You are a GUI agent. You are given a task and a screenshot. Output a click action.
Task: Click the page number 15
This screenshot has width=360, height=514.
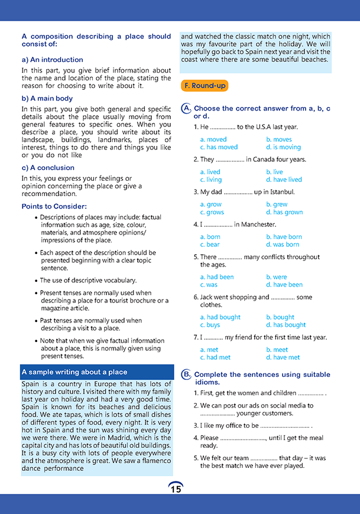[x=176, y=489]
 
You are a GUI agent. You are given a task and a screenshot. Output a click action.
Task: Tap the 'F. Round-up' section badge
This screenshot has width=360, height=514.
[x=204, y=86]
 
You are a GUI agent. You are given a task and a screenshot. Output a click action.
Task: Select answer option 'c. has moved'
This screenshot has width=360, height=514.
[x=219, y=147]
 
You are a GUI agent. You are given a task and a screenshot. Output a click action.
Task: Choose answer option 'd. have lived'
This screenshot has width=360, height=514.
[x=284, y=180]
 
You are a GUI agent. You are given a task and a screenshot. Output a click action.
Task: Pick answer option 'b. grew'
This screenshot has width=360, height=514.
[x=277, y=204]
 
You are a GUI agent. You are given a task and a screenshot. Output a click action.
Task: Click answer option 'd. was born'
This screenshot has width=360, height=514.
[x=283, y=245]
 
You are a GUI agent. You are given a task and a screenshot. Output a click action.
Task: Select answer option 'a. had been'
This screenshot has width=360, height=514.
[x=217, y=276]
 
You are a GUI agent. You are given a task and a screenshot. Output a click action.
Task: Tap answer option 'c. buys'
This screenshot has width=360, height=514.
[x=210, y=325]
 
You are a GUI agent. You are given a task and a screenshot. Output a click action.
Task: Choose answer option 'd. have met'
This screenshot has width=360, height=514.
[x=283, y=357]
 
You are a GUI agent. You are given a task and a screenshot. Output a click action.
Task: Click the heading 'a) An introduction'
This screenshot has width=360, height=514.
[x=52, y=60]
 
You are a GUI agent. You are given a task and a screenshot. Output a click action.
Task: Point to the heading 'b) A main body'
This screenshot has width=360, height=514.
[x=47, y=99]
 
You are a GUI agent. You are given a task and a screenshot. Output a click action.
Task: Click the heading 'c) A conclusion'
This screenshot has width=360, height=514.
[x=48, y=168]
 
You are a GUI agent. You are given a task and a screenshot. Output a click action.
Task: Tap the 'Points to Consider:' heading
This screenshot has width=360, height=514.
[x=54, y=206]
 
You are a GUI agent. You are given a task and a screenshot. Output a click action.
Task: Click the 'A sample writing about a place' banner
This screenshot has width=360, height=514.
[x=74, y=372]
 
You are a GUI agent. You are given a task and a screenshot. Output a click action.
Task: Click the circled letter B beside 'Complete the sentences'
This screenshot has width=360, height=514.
[x=186, y=375]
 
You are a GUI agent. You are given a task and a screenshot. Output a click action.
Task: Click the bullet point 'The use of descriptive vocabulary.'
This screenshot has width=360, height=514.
[x=88, y=281]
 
